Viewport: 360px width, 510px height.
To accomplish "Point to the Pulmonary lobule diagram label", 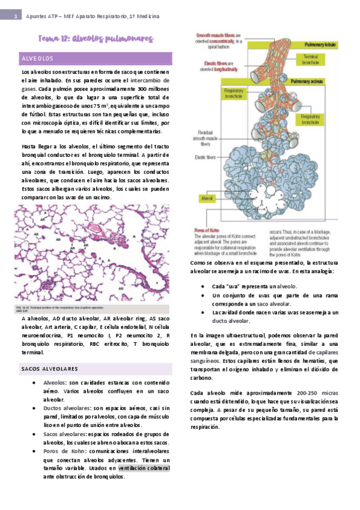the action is (323, 45).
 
